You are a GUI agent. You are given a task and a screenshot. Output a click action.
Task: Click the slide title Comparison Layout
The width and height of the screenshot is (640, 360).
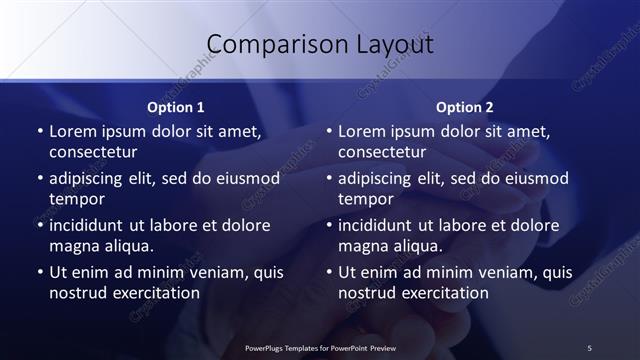(320, 45)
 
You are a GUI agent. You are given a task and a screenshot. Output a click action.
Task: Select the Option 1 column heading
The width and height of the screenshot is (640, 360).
(176, 107)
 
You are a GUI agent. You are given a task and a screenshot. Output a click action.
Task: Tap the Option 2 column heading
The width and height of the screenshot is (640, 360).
(465, 107)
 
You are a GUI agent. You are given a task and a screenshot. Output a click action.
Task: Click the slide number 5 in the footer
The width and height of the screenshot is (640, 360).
(589, 347)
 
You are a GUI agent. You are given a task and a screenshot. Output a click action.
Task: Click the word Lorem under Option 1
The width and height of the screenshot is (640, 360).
(73, 132)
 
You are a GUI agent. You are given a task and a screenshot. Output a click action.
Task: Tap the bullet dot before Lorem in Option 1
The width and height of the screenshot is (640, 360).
(39, 133)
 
